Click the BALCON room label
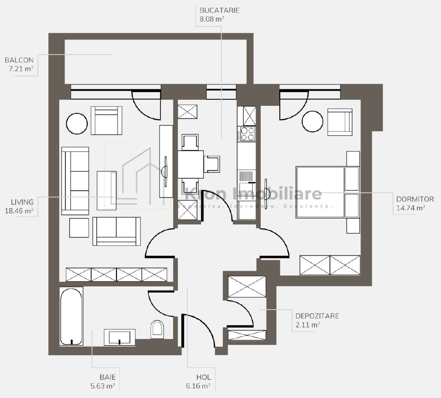pos(19,60)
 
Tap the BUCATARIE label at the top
pos(219,10)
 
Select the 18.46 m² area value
pos(19,211)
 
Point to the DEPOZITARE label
pos(317,316)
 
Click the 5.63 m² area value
pos(103,386)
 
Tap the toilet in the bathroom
pos(157,329)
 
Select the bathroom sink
pos(119,337)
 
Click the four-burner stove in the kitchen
pos(248,133)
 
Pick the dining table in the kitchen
pos(191,164)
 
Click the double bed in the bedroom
pos(320,192)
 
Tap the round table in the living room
pos(77,123)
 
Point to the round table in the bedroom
pos(313,122)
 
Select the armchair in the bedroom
pos(340,122)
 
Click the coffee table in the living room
pos(106,190)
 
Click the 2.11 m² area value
pos(307,325)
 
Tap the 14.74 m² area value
pos(410,208)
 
